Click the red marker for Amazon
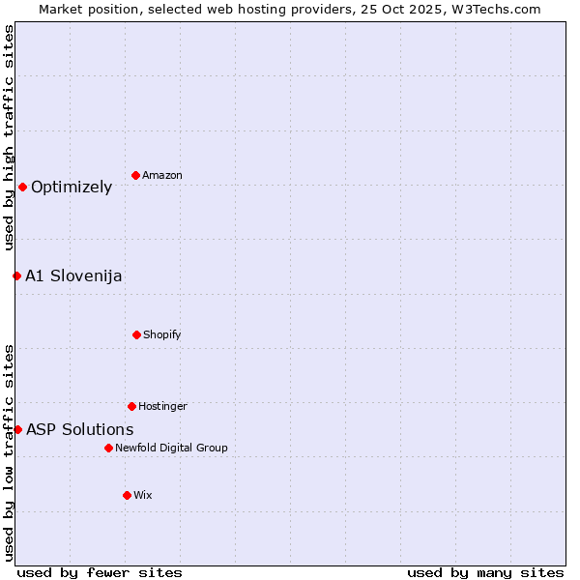pos(135,175)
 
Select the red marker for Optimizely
pos(22,187)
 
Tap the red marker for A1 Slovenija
pos(16,275)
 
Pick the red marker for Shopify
pos(136,334)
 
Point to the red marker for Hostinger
pos(131,406)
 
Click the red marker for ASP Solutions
pos(17,429)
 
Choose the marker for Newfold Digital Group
pos(108,448)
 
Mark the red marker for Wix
pos(127,495)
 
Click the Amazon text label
pos(162,176)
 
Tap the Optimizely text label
pos(72,188)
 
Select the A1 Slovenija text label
pos(73,276)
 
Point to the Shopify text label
pos(162,335)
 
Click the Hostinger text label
pos(162,407)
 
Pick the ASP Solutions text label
pos(80,430)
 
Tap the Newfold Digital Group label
pos(171,449)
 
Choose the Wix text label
pos(143,496)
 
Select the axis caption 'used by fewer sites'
pos(100,572)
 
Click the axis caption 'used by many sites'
pos(485,572)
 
